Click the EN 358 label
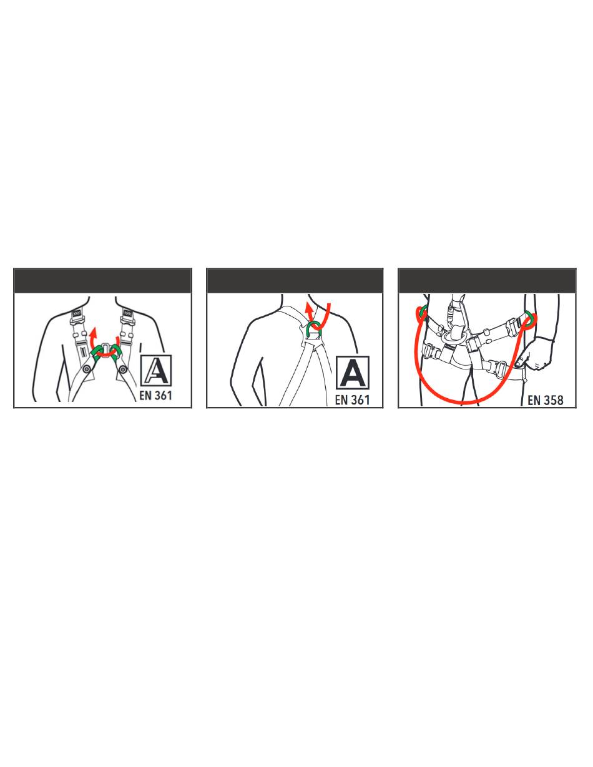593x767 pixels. (x=546, y=400)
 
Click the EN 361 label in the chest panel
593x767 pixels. (x=155, y=395)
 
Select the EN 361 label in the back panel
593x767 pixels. (x=352, y=400)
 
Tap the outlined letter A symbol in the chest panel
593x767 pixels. (x=156, y=371)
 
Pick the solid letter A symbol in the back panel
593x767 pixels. (x=353, y=373)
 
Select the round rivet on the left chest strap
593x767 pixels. (x=87, y=369)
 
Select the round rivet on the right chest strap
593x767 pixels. (x=123, y=369)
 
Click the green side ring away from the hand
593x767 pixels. (x=423, y=313)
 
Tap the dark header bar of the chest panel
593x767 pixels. (x=103, y=281)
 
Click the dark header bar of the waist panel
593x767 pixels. (x=487, y=281)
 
